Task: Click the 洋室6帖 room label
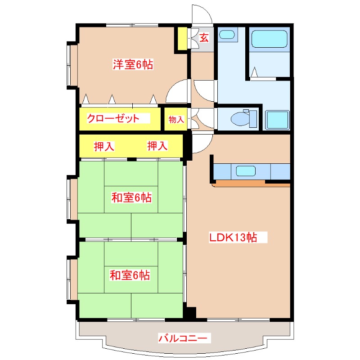point(133,65)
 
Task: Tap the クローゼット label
point(112,119)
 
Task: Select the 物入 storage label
point(176,119)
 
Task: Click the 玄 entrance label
point(204,38)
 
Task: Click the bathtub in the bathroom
point(269,39)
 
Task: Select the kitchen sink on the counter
point(245,171)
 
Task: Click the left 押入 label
point(103,146)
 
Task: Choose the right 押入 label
point(157,146)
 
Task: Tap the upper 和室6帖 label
point(131,197)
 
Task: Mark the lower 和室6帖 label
point(130,274)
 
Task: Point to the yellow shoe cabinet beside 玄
point(181,39)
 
